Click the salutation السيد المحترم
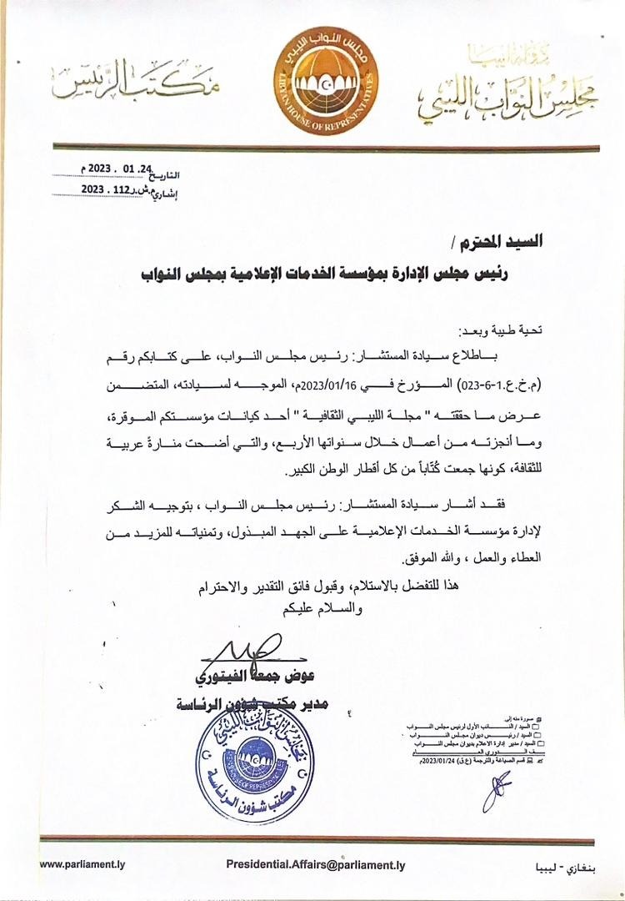coord(501,243)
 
